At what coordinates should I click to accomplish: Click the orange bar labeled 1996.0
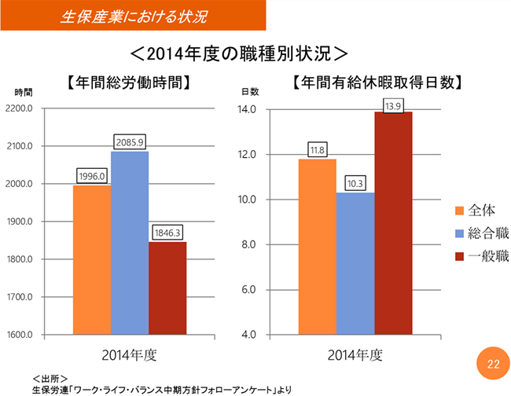click(x=92, y=260)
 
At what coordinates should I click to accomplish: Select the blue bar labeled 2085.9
click(x=130, y=243)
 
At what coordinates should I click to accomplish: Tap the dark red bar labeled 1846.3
click(x=167, y=288)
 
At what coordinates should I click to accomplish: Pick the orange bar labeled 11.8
click(x=318, y=247)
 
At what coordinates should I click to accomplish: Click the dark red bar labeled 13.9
click(x=393, y=223)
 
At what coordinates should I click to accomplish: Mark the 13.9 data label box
click(x=394, y=106)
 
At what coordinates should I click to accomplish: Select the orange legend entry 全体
click(x=476, y=210)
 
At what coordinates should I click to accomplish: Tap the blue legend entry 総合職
click(x=482, y=233)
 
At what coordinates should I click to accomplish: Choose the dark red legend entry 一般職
click(x=482, y=257)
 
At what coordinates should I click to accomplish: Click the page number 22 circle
click(x=493, y=364)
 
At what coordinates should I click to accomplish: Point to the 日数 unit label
click(x=249, y=93)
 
